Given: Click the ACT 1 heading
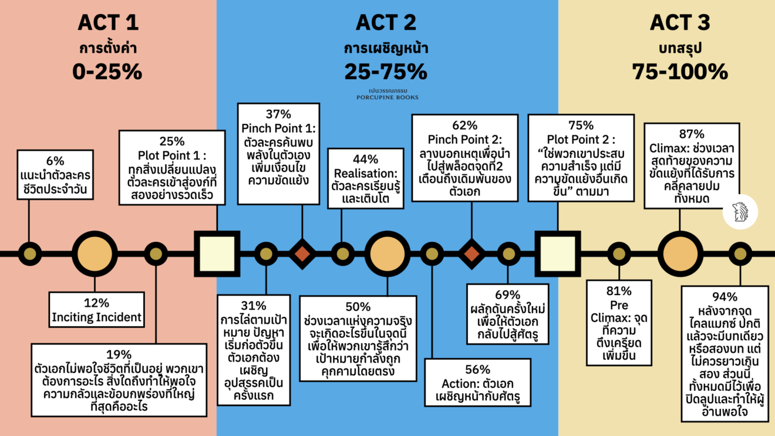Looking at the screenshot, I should tap(108, 22).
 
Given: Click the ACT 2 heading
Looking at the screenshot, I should tap(386, 22).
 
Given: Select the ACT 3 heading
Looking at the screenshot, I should tap(680, 22).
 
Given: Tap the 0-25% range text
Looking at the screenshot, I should tap(107, 72).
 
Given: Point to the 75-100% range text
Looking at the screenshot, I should tap(680, 72).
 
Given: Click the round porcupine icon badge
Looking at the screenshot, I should tap(740, 212).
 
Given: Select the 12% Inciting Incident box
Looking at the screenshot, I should tap(96, 310).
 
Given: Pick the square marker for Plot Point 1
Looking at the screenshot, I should tap(217, 254).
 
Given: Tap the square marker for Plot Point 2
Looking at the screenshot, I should tap(557, 254).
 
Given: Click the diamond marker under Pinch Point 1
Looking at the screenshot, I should tap(302, 254).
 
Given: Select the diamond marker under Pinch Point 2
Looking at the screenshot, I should tap(472, 254).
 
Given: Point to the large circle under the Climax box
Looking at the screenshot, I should tap(679, 254).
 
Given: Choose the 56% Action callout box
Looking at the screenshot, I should tap(477, 383).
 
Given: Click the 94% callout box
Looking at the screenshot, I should tap(725, 353).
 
